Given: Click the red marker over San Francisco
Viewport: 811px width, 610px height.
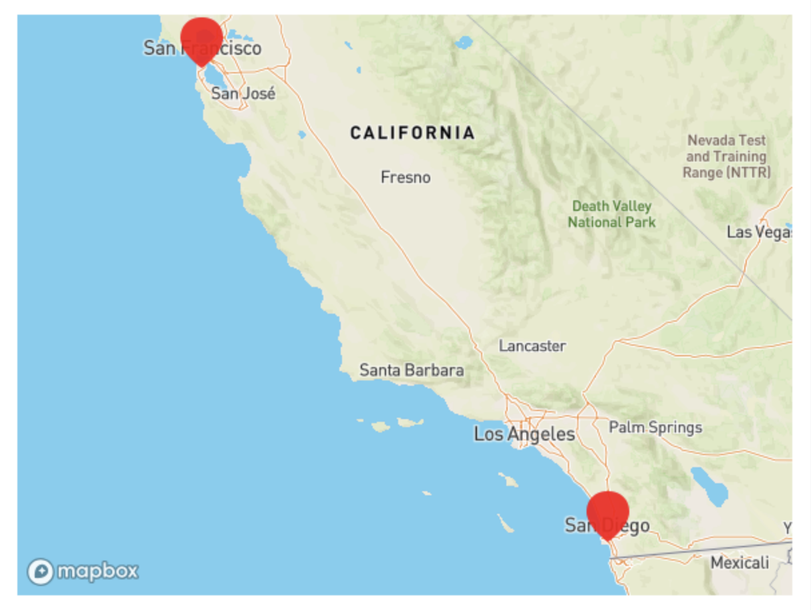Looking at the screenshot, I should [x=201, y=39].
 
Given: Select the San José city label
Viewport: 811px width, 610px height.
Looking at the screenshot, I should [x=243, y=93].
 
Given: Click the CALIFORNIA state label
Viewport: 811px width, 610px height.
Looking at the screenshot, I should [x=412, y=133].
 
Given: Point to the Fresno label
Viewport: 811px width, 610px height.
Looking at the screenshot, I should [x=405, y=178].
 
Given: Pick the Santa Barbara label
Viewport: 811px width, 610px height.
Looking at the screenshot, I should [x=412, y=370].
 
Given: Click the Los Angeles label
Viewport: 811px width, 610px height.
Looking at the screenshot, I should [x=524, y=434].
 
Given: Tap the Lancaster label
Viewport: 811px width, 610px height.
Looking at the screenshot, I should [x=532, y=346].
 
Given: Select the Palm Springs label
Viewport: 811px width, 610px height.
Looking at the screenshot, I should [x=655, y=427].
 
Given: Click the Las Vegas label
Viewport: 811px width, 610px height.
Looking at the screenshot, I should [x=758, y=232].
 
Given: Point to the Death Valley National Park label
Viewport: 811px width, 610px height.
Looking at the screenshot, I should [x=611, y=214].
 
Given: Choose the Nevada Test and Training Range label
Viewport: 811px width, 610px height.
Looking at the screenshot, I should [x=726, y=157].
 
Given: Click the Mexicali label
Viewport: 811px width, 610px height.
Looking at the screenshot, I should [x=740, y=563].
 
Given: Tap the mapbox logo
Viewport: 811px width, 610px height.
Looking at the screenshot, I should [x=83, y=571].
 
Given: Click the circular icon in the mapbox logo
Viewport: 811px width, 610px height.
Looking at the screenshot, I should [x=41, y=572].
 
